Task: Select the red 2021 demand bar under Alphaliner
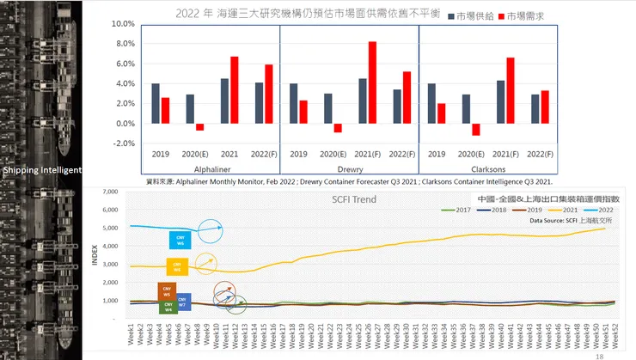pyautogui.click(x=234, y=89)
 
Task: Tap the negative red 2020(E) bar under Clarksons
pyautogui.click(x=476, y=129)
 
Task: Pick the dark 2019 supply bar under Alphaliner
pyautogui.click(x=156, y=103)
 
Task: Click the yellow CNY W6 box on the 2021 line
pyautogui.click(x=177, y=266)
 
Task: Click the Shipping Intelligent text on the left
pyautogui.click(x=41, y=170)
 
